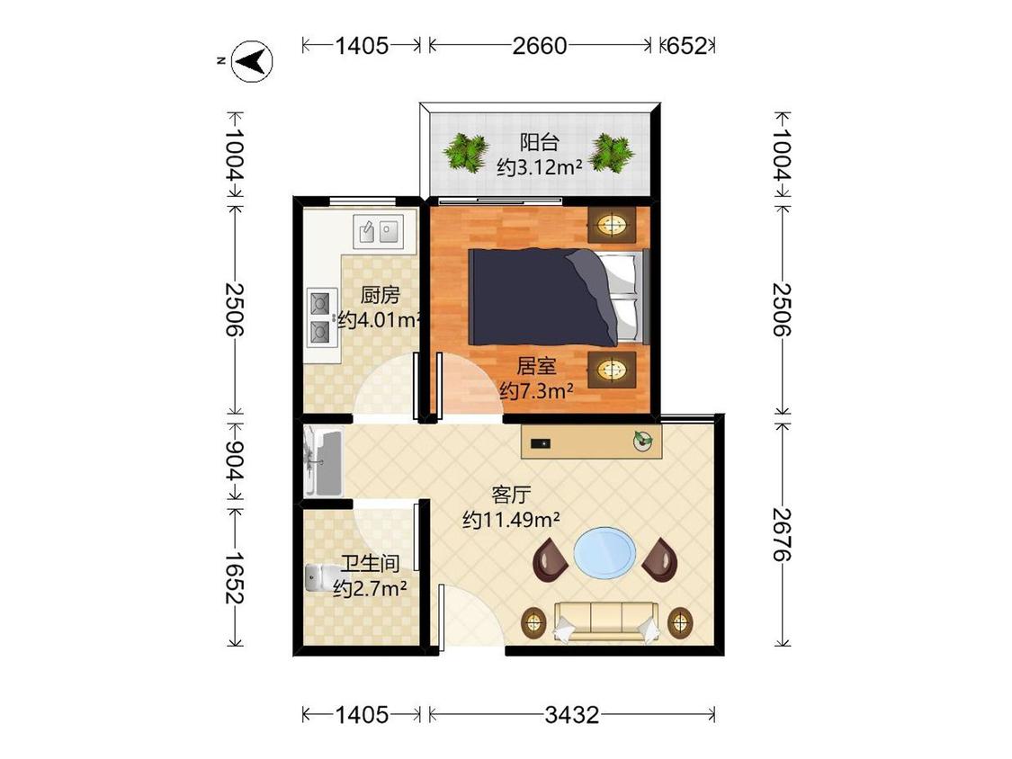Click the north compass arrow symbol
253,61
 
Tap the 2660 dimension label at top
540,46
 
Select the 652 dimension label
686,46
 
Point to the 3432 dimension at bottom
572,715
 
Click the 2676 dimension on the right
783,534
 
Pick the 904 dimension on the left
234,460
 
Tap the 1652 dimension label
234,577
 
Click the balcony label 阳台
540,141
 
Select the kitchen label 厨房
381,295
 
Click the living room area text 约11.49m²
511,520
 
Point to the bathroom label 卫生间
370,564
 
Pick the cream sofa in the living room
605,621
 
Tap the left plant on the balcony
465,153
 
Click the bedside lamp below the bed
611,370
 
